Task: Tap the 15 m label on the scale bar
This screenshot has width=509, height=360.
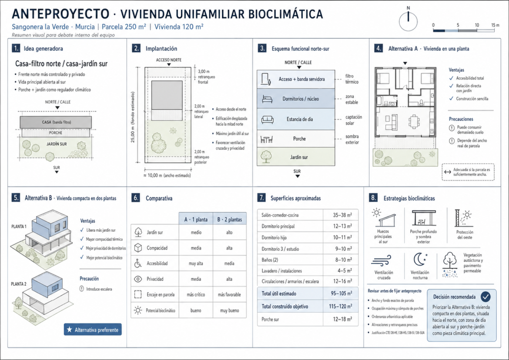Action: [495, 25]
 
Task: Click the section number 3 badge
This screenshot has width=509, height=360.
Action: [262, 48]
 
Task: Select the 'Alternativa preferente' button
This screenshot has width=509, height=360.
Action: [93, 330]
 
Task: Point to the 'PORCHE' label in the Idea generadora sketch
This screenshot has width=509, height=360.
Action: [56, 133]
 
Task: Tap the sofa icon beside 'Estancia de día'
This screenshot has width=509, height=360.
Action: [267, 120]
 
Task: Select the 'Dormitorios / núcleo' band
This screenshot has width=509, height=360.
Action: [296, 99]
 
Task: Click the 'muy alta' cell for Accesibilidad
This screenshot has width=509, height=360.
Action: [196, 263]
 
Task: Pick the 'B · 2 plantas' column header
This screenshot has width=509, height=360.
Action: [230, 220]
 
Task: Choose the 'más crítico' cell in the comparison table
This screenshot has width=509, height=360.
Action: [196, 294]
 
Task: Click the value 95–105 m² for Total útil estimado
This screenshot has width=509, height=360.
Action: [341, 293]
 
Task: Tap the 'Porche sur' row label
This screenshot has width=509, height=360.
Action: [270, 320]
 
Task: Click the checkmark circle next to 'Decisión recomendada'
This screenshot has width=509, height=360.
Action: [486, 297]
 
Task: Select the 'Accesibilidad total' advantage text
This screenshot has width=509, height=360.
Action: [470, 78]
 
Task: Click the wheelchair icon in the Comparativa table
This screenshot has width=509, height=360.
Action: [138, 263]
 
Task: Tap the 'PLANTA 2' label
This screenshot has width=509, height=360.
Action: [19, 284]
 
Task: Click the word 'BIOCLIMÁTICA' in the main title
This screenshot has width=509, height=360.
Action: [286, 14]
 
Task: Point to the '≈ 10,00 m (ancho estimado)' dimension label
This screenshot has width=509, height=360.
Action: [167, 176]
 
